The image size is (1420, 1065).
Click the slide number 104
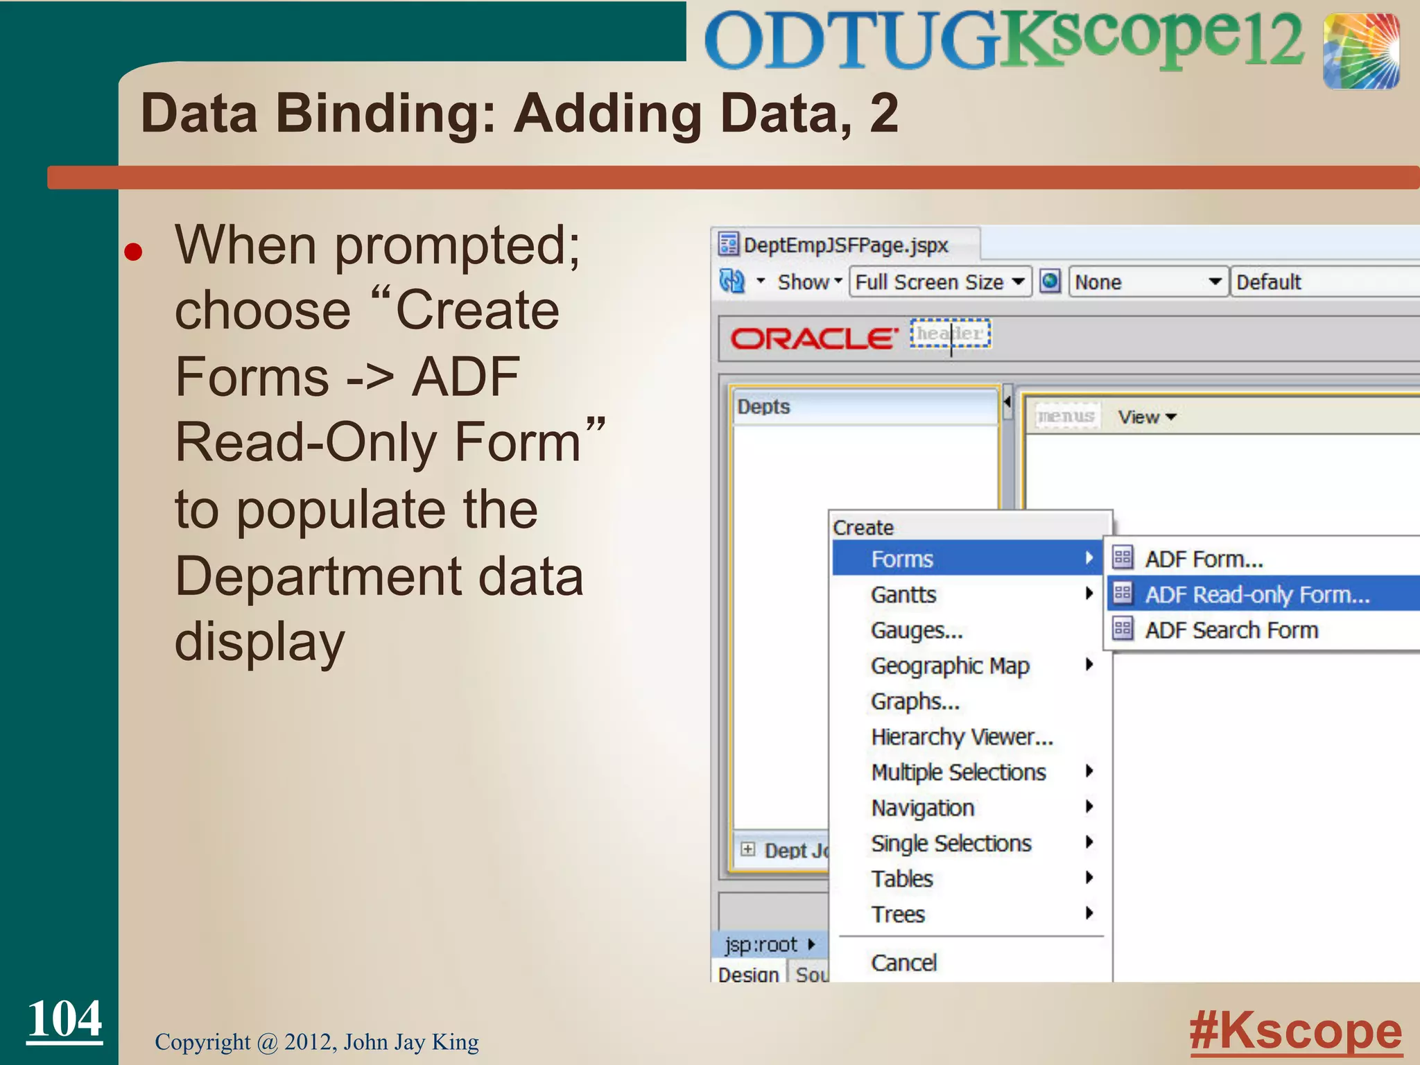click(x=64, y=1019)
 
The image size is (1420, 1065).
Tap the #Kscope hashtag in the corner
click(x=1295, y=1031)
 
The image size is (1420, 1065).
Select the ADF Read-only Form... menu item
click(x=1256, y=594)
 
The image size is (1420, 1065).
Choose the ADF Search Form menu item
click(x=1231, y=630)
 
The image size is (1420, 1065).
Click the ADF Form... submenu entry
click(x=1203, y=559)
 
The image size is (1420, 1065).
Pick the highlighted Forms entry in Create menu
click(x=902, y=559)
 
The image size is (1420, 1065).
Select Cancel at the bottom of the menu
click(x=903, y=962)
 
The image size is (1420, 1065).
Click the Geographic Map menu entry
click(x=950, y=666)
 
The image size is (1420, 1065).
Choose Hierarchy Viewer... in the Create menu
click(x=962, y=736)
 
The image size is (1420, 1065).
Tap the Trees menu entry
click(x=898, y=914)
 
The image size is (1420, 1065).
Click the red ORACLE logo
click(x=814, y=338)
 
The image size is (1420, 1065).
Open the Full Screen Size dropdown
click(x=940, y=282)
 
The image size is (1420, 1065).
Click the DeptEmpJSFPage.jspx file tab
click(x=845, y=245)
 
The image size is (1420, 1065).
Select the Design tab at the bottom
click(x=748, y=973)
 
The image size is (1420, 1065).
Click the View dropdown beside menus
click(x=1147, y=417)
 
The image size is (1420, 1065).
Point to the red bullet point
click(x=133, y=252)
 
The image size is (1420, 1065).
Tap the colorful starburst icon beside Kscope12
click(x=1360, y=51)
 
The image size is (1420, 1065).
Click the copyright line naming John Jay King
click(x=317, y=1041)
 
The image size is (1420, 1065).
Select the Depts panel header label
click(x=763, y=406)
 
